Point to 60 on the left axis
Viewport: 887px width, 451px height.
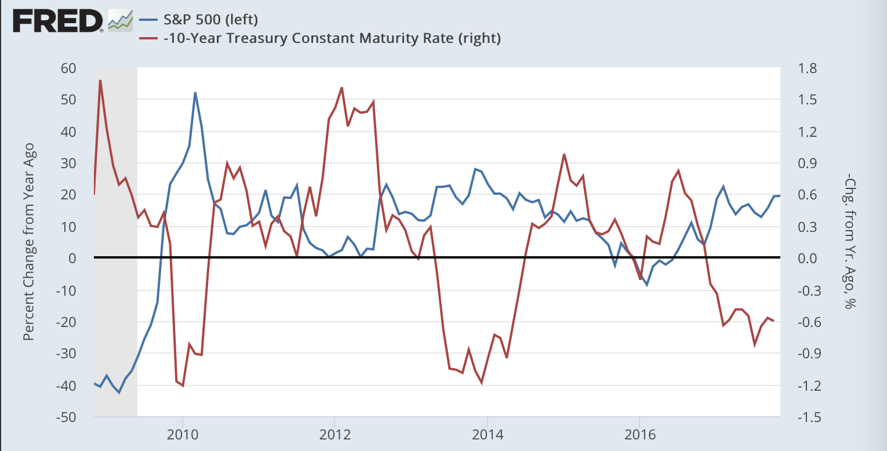click(69, 68)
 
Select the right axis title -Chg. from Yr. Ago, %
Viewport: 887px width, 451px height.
click(850, 242)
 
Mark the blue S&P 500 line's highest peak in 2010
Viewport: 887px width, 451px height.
click(195, 92)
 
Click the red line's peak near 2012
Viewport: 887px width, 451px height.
click(341, 88)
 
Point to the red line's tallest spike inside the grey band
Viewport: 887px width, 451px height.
click(100, 80)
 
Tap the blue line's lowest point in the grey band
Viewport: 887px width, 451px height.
click(119, 392)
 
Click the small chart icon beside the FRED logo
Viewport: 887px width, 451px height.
click(121, 21)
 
